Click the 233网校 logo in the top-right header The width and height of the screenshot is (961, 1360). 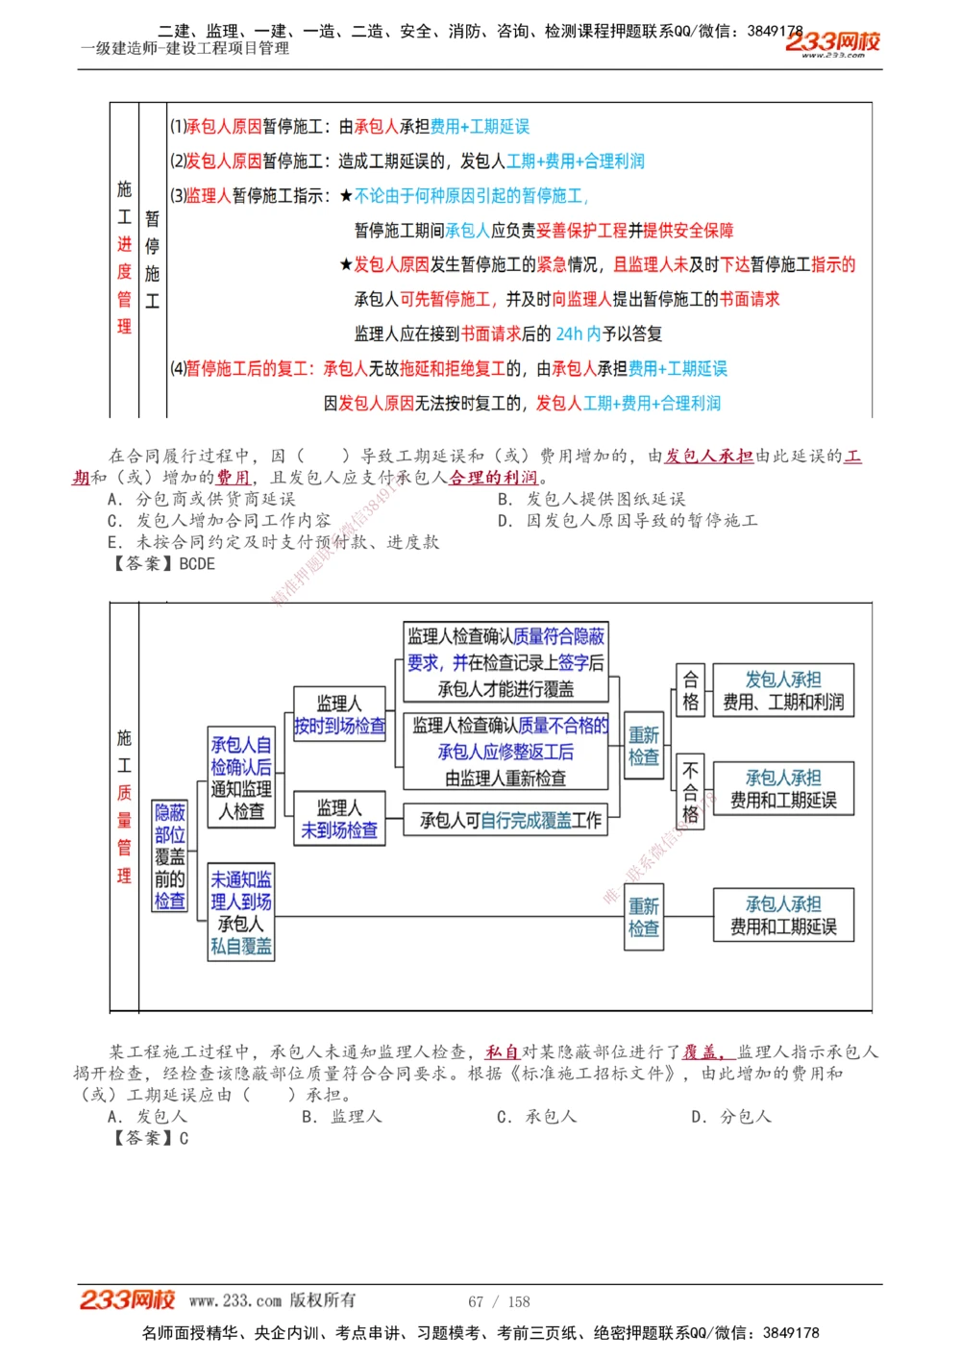pos(832,42)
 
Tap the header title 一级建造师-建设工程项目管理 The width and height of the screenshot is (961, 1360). pos(185,48)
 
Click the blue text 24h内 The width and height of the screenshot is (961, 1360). pos(578,334)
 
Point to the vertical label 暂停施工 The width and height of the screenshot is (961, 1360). pos(153,260)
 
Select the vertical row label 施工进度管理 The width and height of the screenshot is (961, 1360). pos(125,258)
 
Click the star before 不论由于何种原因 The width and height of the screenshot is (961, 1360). pos(346,196)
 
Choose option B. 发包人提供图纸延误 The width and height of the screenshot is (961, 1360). pos(591,499)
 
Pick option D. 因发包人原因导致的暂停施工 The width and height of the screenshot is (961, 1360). pos(628,520)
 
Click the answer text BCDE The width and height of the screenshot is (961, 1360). pos(197,563)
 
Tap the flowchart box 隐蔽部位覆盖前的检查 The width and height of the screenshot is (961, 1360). pos(170,856)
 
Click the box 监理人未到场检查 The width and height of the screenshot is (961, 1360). pos(339,819)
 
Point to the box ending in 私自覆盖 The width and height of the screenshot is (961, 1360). pos(241,912)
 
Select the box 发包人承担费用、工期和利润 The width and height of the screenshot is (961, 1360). pos(783,690)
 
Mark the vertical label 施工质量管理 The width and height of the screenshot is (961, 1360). pos(125,806)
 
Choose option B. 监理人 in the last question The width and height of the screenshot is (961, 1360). pos(342,1116)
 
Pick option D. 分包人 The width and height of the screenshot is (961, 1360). pos(731,1116)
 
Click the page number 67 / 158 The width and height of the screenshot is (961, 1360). pos(499,1301)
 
